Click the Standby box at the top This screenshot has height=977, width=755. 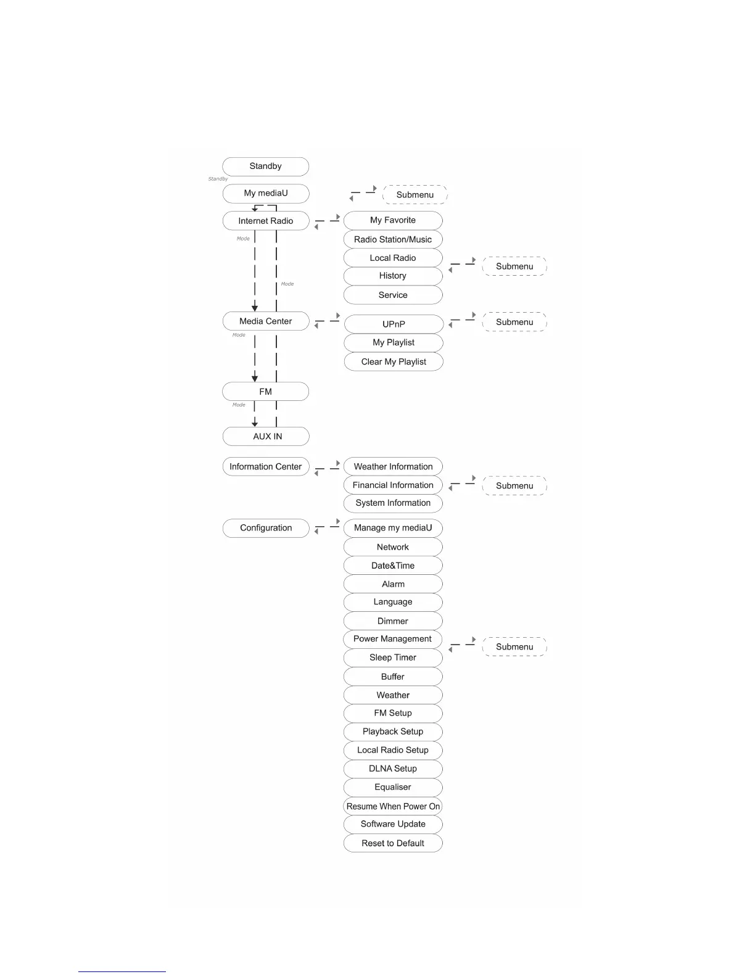pyautogui.click(x=265, y=167)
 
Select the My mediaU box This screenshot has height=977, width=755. pyautogui.click(x=265, y=193)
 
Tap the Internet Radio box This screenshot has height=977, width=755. pyautogui.click(x=265, y=221)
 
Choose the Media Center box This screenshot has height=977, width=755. pyautogui.click(x=265, y=321)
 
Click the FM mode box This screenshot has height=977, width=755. pyautogui.click(x=265, y=392)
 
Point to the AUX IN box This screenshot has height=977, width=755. pyautogui.click(x=266, y=436)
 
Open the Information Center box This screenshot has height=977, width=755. pyautogui.click(x=265, y=467)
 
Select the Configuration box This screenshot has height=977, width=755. pyautogui.click(x=265, y=528)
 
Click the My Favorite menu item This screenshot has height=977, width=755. pyautogui.click(x=393, y=220)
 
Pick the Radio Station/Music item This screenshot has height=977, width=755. pyautogui.click(x=393, y=239)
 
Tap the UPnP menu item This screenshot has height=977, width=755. pyautogui.click(x=394, y=324)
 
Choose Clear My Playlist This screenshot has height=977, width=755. pyautogui.click(x=394, y=361)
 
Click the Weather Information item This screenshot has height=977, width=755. pyautogui.click(x=393, y=467)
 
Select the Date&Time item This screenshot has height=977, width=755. pyautogui.click(x=393, y=566)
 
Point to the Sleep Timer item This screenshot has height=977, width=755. pyautogui.click(x=393, y=658)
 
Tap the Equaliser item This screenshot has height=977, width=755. pyautogui.click(x=393, y=787)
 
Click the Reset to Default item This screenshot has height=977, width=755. pyautogui.click(x=393, y=843)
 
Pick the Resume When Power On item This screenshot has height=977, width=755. pyautogui.click(x=393, y=806)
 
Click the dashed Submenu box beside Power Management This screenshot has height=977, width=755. pyautogui.click(x=514, y=646)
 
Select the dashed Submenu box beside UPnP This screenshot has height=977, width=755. pyautogui.click(x=514, y=322)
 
